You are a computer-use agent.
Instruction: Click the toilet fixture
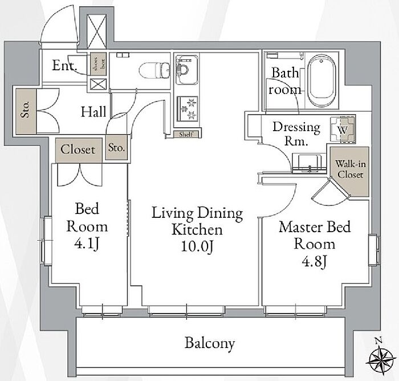coord(154,70)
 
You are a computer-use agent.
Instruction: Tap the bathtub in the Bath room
coord(321,80)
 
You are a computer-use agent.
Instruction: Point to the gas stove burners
coord(188,109)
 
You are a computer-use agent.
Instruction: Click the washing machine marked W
coord(343,129)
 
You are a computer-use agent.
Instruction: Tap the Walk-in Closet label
coord(350,169)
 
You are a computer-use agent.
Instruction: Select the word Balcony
coord(209,343)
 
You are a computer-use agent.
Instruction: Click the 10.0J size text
coord(197,246)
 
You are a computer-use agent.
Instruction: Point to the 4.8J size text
coord(314,261)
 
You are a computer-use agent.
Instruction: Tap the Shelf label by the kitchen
coord(186,134)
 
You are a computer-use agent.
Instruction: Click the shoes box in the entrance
coord(98,64)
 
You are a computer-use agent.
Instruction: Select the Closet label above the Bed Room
coord(79,150)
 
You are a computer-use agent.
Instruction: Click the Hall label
coord(93,112)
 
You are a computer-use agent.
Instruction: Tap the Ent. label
coord(64,66)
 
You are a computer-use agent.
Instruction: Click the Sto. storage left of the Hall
coord(26,111)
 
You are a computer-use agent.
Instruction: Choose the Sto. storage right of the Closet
coord(116,148)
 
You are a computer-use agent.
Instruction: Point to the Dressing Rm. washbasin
coord(309,163)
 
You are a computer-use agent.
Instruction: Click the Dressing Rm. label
coord(296,133)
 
